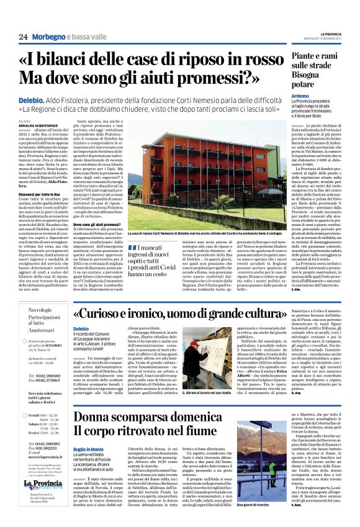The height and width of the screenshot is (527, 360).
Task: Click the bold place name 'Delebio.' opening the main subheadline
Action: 31,99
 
